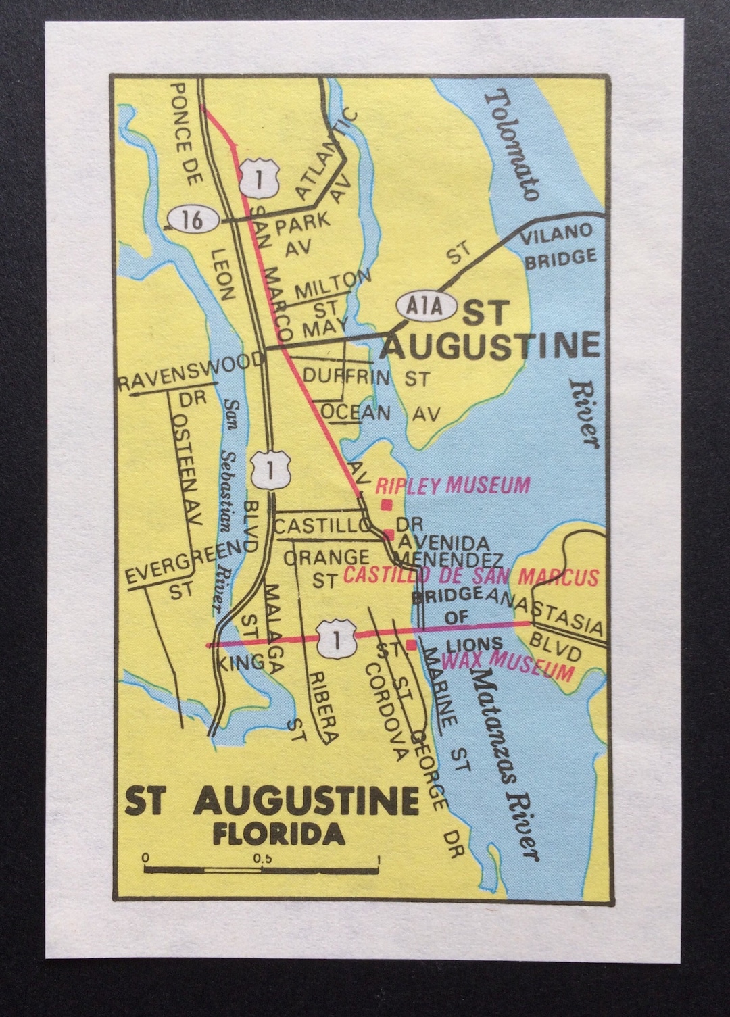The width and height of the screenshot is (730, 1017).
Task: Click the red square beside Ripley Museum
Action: click(x=387, y=505)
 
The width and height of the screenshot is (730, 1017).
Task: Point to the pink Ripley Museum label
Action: click(x=452, y=485)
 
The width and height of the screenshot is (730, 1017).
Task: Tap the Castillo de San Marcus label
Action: click(x=471, y=576)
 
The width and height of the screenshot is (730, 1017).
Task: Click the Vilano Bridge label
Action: click(x=557, y=245)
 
